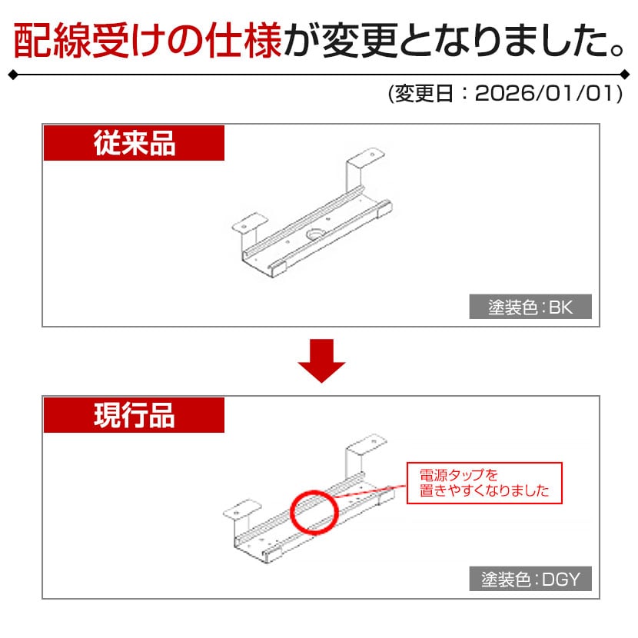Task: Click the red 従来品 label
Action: (134, 143)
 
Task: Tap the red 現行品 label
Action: (134, 415)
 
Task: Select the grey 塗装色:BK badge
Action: (530, 307)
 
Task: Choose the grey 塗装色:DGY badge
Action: (530, 579)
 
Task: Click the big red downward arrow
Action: (321, 361)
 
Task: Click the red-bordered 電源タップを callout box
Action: (484, 483)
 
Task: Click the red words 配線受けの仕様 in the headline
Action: (148, 41)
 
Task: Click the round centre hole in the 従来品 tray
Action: (314, 234)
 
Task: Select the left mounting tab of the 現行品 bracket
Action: (242, 510)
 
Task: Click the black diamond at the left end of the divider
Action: (13, 75)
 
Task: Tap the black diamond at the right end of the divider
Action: (625, 75)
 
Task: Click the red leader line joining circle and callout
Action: (370, 490)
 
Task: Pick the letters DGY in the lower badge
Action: (560, 579)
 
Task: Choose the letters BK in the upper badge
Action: (560, 307)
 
